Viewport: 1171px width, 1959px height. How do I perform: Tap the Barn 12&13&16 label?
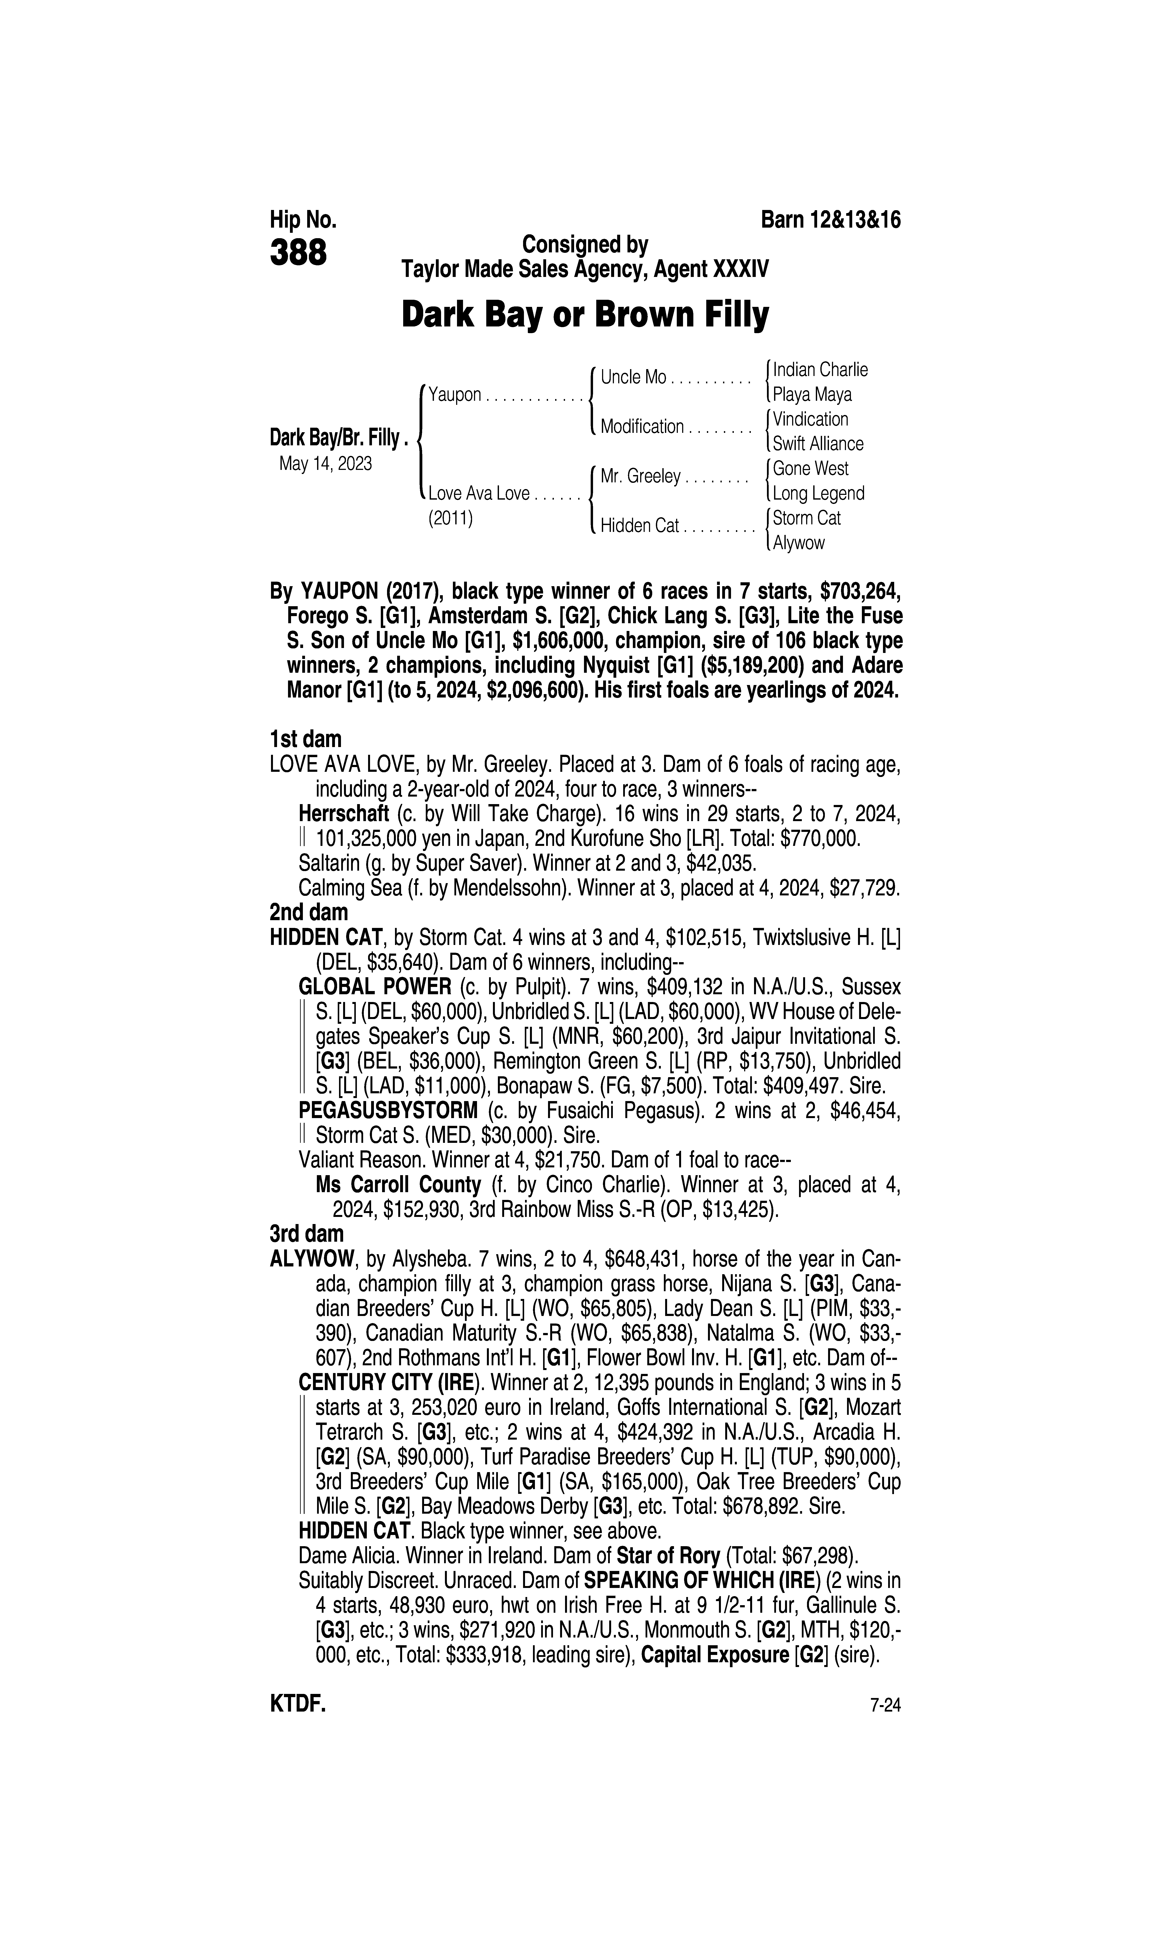(830, 220)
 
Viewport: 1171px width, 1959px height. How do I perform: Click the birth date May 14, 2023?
(325, 463)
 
